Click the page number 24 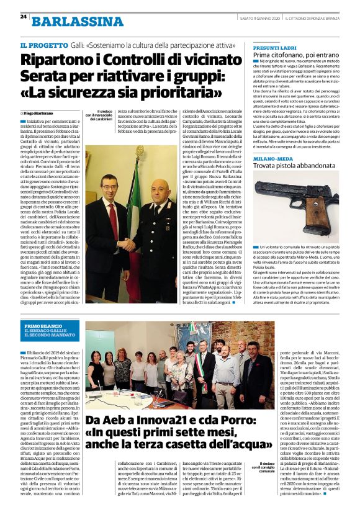[22, 16]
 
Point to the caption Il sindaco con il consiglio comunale [249, 482]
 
